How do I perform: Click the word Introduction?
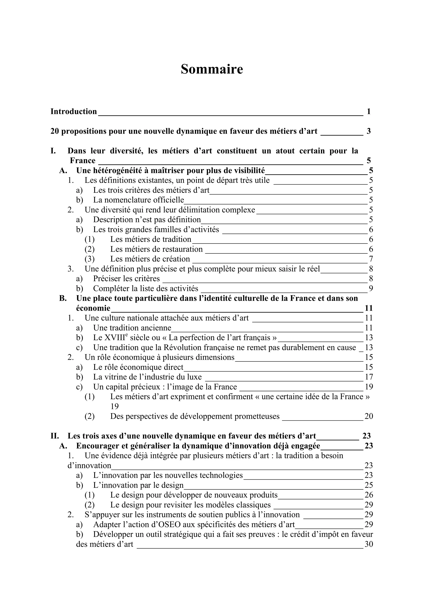(x=73, y=112)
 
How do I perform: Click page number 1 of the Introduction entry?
(x=369, y=112)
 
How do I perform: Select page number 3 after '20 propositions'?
(x=369, y=131)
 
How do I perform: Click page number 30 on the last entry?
(x=369, y=544)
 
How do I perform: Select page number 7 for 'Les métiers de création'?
(x=371, y=259)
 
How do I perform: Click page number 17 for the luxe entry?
(x=369, y=377)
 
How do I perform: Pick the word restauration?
(x=182, y=249)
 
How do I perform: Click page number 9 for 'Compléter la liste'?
(x=371, y=289)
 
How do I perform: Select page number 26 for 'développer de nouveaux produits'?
(x=369, y=495)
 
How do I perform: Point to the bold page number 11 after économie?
(x=369, y=308)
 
